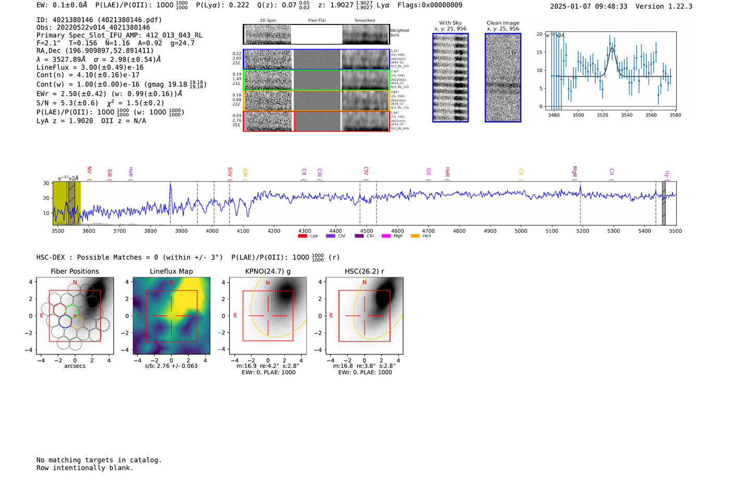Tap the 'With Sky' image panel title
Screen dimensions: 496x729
coord(450,23)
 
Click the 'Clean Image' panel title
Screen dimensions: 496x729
coord(502,23)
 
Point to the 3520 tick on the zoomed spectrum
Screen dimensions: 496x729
coord(602,115)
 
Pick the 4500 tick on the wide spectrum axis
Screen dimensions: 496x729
coord(367,231)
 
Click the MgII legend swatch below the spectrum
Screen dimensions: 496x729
coord(386,236)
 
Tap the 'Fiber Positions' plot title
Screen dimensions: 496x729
coord(74,271)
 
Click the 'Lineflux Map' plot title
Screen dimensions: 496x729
coord(171,271)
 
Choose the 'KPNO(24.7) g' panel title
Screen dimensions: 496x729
coord(268,271)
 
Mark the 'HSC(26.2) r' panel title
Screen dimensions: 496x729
coord(364,271)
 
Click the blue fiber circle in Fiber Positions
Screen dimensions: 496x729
coord(65,322)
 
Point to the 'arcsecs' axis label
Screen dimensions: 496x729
coord(74,366)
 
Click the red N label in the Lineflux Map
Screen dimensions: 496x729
coord(171,283)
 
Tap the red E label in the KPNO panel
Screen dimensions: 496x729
coord(235,315)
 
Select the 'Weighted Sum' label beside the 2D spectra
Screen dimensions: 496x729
coord(399,33)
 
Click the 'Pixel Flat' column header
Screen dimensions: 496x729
coord(317,20)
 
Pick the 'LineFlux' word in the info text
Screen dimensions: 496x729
coord(52,67)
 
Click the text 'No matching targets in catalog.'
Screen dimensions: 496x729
coord(99,460)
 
